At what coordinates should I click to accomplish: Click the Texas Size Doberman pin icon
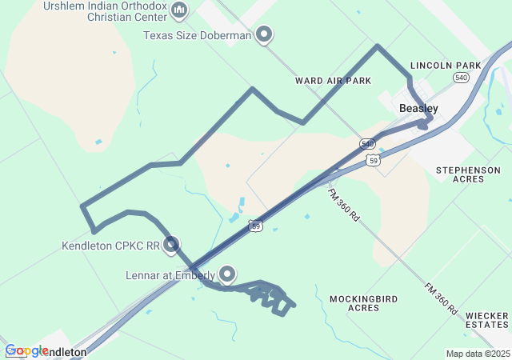click(264, 34)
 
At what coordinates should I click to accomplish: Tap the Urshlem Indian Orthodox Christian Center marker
click(178, 10)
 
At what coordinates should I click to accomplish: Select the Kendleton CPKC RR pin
click(170, 245)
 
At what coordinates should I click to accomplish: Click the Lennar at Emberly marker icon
click(227, 275)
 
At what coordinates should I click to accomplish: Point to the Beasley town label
click(418, 108)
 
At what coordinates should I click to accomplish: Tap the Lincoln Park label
click(445, 65)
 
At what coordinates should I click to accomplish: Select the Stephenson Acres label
click(468, 174)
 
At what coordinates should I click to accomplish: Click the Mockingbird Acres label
click(364, 303)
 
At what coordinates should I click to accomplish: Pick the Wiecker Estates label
click(486, 319)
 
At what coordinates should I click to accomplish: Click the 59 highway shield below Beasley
click(374, 161)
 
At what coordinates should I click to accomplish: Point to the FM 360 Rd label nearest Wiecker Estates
click(442, 298)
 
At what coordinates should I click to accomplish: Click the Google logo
click(26, 350)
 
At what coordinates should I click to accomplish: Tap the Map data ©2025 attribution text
click(477, 354)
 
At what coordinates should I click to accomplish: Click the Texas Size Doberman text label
click(197, 35)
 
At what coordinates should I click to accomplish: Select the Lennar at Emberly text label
click(170, 276)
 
